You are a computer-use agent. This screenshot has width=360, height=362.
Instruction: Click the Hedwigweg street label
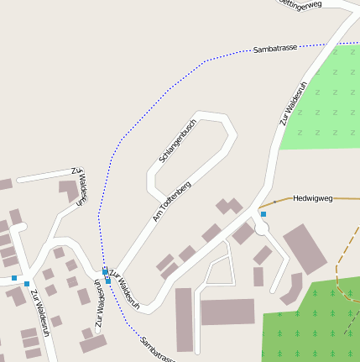tap(313, 199)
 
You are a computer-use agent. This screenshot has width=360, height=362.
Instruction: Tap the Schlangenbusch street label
tap(177, 142)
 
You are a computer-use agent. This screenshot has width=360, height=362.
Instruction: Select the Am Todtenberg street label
tap(172, 201)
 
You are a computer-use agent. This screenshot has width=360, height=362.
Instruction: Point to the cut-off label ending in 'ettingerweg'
tap(300, 5)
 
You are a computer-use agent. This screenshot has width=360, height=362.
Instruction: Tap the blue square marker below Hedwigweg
tap(263, 215)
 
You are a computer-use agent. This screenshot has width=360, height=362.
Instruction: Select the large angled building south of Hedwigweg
tap(305, 249)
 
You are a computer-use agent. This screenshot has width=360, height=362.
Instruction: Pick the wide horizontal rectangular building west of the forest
tap(227, 312)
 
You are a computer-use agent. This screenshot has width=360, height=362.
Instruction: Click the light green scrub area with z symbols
tap(323, 101)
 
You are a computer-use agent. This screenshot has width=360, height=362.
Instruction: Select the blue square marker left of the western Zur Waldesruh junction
tap(14, 277)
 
